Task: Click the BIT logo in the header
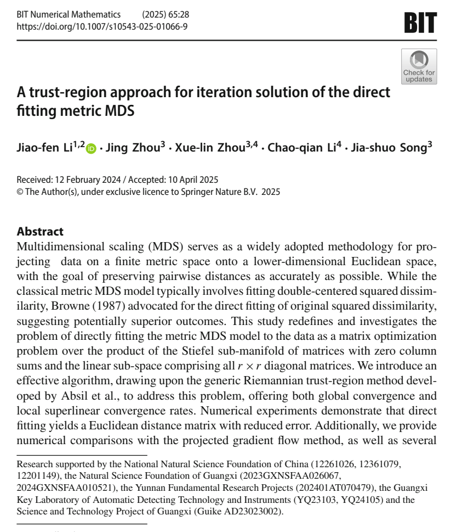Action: point(420,23)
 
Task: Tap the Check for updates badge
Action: point(419,66)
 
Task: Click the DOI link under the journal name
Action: point(102,26)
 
